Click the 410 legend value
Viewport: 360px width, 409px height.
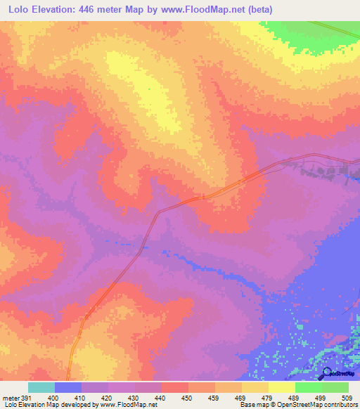(82, 398)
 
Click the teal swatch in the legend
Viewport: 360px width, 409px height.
(41, 387)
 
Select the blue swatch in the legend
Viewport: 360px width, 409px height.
(68, 387)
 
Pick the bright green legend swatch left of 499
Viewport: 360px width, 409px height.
(309, 387)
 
